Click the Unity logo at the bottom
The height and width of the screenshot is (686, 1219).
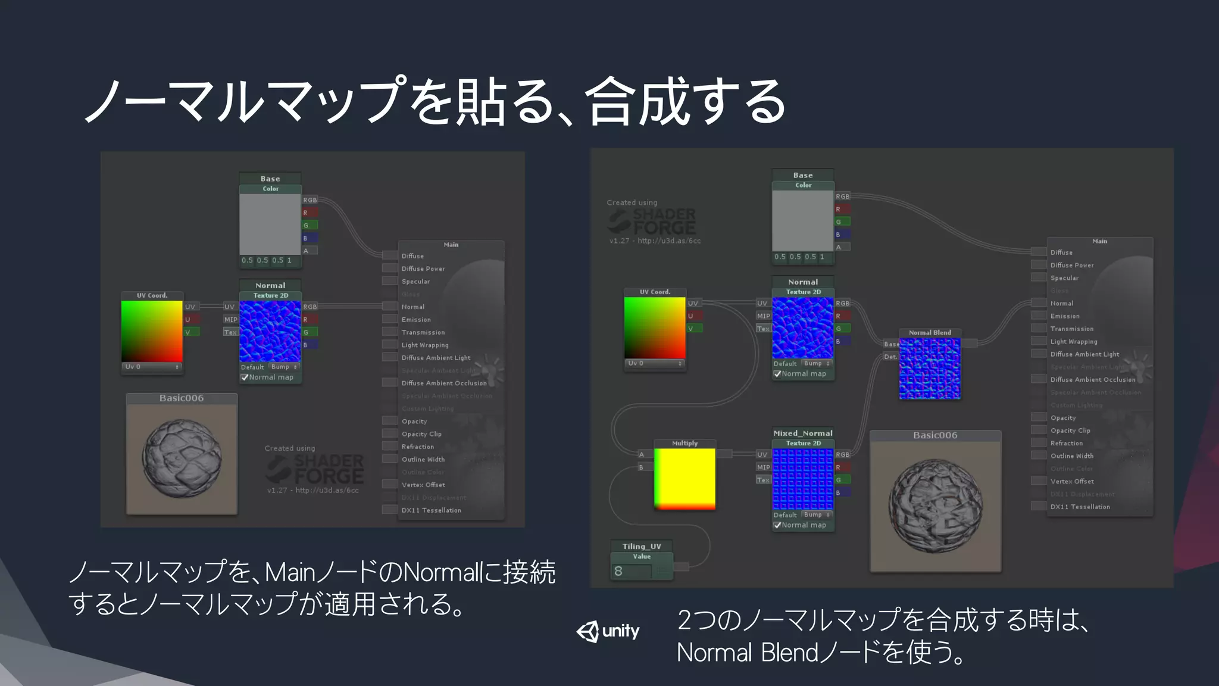click(x=608, y=631)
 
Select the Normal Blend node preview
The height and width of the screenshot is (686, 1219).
click(x=930, y=369)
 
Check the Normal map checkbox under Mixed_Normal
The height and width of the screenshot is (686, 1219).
click(x=777, y=525)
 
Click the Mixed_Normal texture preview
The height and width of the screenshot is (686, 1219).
click(x=803, y=480)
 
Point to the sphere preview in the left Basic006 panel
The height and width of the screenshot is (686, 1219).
click(x=182, y=458)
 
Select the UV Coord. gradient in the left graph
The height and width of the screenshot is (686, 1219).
click(x=152, y=331)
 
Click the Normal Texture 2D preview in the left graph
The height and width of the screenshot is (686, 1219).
click(x=270, y=332)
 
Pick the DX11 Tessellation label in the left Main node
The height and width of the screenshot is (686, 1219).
click(x=431, y=510)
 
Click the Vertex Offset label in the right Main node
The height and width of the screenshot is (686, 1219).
click(x=1072, y=481)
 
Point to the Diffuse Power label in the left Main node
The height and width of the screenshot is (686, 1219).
click(x=423, y=269)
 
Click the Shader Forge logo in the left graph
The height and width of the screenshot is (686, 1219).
click(x=315, y=469)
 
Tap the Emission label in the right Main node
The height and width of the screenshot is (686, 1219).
click(x=1065, y=316)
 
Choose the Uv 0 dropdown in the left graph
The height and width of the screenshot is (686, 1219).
click(x=152, y=367)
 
